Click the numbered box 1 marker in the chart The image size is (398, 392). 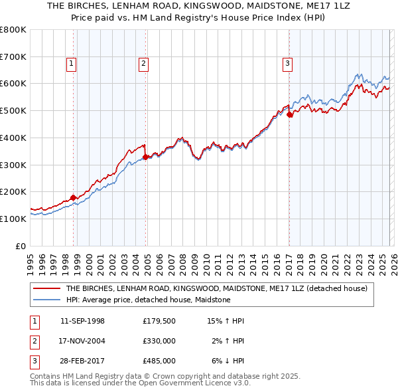pyautogui.click(x=72, y=64)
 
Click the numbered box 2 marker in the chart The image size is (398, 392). pyautogui.click(x=143, y=64)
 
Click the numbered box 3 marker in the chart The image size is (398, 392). pyautogui.click(x=287, y=64)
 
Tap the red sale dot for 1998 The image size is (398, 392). pyautogui.click(x=73, y=197)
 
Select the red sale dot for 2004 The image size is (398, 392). pyautogui.click(x=146, y=157)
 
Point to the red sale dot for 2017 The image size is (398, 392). pyautogui.click(x=290, y=114)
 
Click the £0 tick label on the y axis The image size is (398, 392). pyautogui.click(x=21, y=246)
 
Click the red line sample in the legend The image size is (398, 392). pyautogui.click(x=46, y=288)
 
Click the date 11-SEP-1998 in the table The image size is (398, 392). pyautogui.click(x=82, y=321)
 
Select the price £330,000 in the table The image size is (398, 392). pyautogui.click(x=159, y=341)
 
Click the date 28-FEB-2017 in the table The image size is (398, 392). pyautogui.click(x=82, y=361)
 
